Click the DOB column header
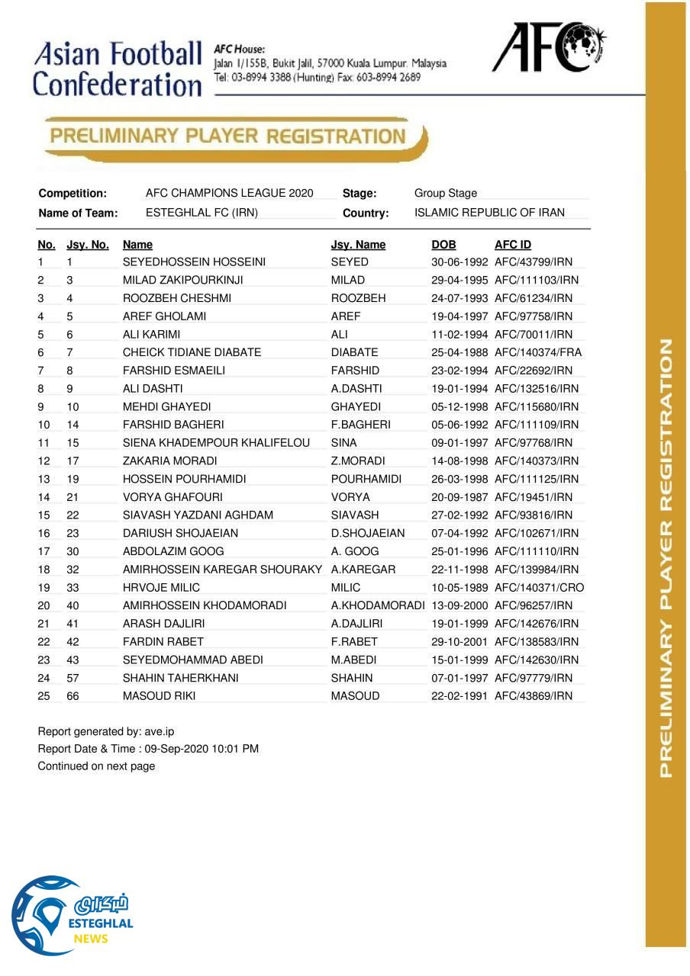[443, 245]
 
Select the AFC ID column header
[513, 245]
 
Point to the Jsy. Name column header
[358, 245]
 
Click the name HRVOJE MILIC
[161, 588]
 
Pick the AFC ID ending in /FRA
[538, 352]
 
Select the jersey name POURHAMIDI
[366, 480]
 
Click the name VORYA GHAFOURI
[172, 497]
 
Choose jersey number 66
[73, 696]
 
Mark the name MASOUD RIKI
[159, 696]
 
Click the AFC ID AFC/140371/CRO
[540, 588]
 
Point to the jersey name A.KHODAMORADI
[378, 606]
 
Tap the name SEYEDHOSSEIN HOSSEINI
[194, 262]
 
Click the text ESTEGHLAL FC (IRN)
[202, 213]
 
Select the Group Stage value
[446, 194]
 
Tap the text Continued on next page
[96, 766]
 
